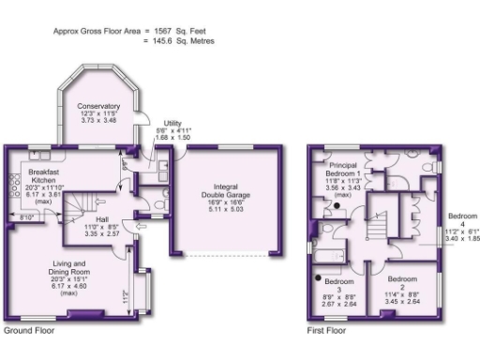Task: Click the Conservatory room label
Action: (x=98, y=106)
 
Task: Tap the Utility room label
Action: (x=172, y=123)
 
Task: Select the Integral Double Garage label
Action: (x=223, y=187)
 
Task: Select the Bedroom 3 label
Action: (x=338, y=281)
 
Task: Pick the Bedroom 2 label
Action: (x=402, y=279)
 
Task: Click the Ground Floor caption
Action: (x=29, y=331)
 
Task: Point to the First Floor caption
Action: (x=327, y=331)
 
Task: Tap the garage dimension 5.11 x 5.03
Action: (x=223, y=210)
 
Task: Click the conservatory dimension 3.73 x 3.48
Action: (x=98, y=121)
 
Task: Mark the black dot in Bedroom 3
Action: (x=319, y=278)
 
